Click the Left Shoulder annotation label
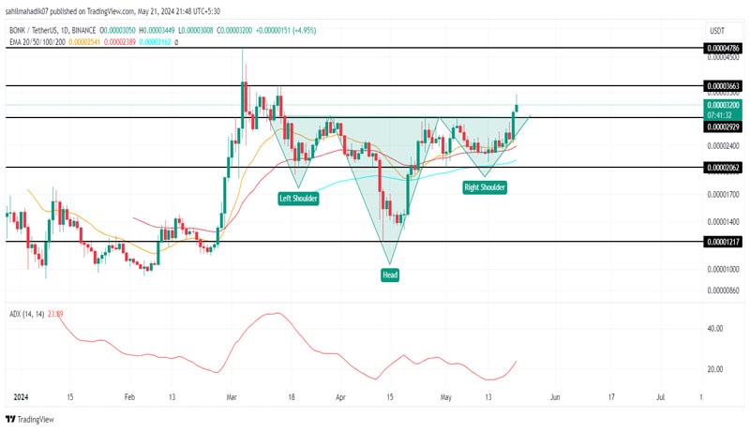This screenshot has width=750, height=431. click(x=297, y=199)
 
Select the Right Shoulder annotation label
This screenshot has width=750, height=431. click(x=485, y=187)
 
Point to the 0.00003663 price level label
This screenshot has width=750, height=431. click(x=724, y=85)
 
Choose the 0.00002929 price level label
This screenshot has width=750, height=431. click(x=724, y=127)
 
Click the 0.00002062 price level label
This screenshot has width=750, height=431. click(x=724, y=167)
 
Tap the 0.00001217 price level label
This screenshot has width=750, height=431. click(x=724, y=241)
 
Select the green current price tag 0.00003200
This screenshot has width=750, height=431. click(x=724, y=106)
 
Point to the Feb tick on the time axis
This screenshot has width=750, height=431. click(x=130, y=397)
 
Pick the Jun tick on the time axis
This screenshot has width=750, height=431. click(x=555, y=397)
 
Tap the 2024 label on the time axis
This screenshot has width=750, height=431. click(x=20, y=397)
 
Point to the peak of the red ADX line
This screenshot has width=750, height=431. click(x=277, y=313)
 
